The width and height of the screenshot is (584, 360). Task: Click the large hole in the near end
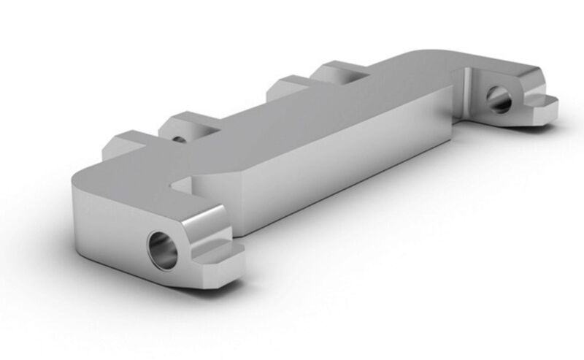click(162, 250)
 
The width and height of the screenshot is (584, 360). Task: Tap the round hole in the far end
click(499, 99)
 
